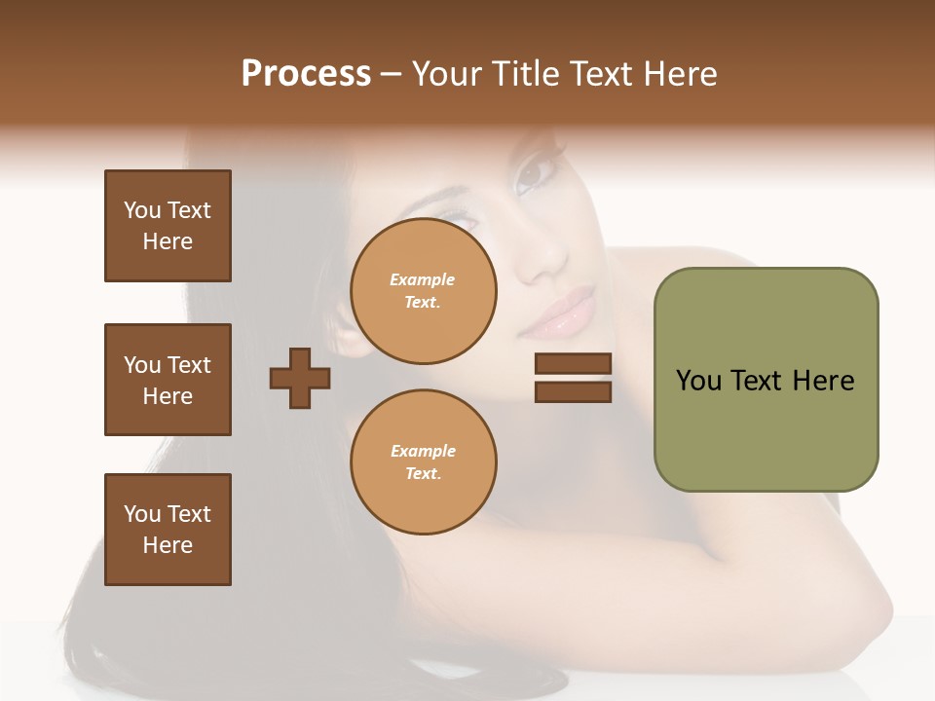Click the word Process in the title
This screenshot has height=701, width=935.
(x=306, y=74)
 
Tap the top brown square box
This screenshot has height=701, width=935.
(x=168, y=226)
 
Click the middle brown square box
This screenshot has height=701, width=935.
(x=168, y=380)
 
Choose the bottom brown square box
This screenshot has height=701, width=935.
(x=168, y=530)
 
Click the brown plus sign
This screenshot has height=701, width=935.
(x=299, y=378)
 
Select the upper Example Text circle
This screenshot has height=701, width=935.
(x=424, y=291)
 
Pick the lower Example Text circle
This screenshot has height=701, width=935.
(x=424, y=461)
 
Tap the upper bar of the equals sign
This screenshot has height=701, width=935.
(x=573, y=364)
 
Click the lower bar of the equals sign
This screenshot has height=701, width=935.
(x=573, y=392)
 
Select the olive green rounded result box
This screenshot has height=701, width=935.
(x=766, y=380)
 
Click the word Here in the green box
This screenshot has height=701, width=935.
(x=823, y=381)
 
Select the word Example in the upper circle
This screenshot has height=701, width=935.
(x=423, y=280)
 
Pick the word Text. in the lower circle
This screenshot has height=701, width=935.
(x=424, y=473)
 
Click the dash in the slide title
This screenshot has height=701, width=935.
(x=391, y=75)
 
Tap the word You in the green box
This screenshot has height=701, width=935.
(x=699, y=381)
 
